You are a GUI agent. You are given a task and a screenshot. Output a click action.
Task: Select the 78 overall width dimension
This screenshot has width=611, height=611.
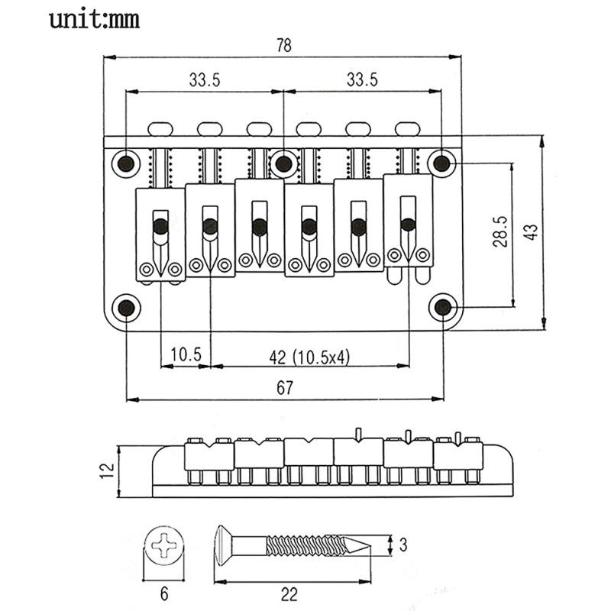[x=283, y=45]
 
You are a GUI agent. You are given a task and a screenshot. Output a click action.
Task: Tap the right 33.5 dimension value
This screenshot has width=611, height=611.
[x=361, y=79]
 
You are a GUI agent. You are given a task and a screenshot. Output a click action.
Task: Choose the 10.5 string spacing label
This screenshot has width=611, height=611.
[x=186, y=355]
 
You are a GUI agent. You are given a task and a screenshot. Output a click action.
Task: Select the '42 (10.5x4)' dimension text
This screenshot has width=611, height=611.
[x=309, y=355]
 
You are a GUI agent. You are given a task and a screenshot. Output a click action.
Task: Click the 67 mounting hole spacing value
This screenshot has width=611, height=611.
[x=284, y=388]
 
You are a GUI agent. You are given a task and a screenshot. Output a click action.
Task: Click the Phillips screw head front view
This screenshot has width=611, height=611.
[x=163, y=547]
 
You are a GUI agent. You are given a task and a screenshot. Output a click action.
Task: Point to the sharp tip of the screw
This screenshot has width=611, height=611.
[x=369, y=545]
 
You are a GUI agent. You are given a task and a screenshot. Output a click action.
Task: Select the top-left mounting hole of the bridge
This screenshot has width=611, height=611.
[x=125, y=163]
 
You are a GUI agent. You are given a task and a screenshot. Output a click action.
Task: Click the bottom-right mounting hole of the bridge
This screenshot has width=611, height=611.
[x=442, y=307]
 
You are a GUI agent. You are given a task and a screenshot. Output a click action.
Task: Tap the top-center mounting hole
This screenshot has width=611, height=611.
[x=284, y=163]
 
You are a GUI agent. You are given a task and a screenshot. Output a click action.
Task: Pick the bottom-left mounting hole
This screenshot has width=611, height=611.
[x=125, y=307]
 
